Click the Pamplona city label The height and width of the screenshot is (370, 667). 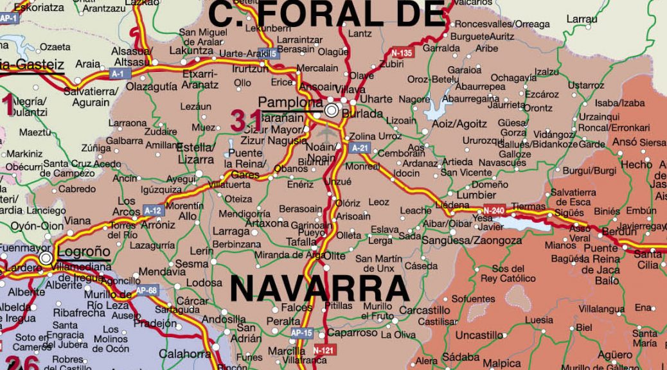coord(290,102)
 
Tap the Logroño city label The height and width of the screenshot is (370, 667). coord(84,252)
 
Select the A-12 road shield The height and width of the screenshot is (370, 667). coord(153,210)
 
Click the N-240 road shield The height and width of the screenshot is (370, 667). coord(494,210)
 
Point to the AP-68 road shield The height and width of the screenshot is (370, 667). coord(147,290)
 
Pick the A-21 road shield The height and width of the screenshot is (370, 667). coord(360,148)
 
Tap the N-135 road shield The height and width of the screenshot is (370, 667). coord(402,53)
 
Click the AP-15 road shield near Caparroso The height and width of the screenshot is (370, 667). coord(301,333)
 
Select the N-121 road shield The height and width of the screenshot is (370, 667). coord(323,350)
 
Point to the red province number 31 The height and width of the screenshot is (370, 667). coord(247,120)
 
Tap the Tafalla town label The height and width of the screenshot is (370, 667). coord(301,242)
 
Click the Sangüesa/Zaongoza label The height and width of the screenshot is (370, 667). coord(472,241)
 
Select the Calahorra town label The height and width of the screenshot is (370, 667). coord(184,354)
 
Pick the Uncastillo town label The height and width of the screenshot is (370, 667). coord(479,335)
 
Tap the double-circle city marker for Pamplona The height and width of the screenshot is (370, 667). coord(332,110)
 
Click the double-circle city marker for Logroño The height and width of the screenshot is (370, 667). coord(46,258)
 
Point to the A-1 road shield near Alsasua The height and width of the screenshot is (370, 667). coord(117,74)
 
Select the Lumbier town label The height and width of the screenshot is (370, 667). coord(476,195)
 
